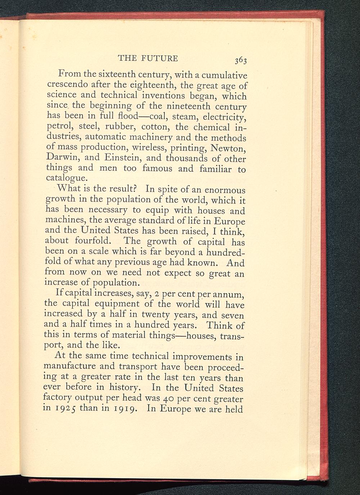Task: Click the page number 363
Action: pos(240,60)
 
